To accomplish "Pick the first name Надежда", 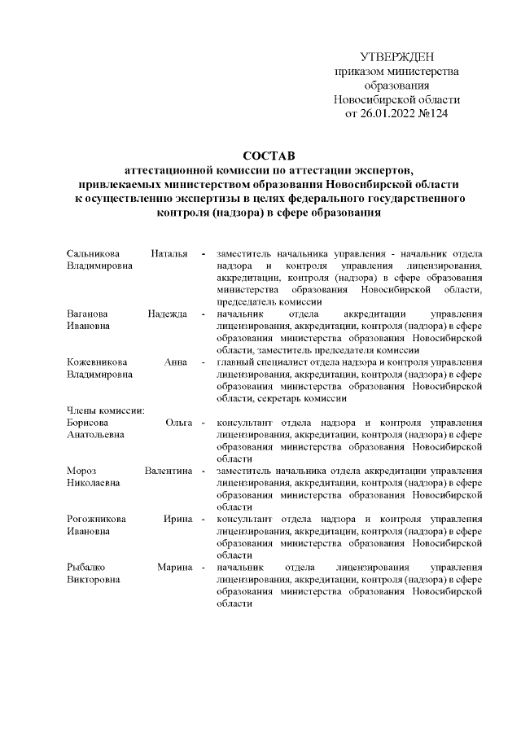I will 168,314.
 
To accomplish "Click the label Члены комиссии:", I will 105,410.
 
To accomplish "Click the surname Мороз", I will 81,471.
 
